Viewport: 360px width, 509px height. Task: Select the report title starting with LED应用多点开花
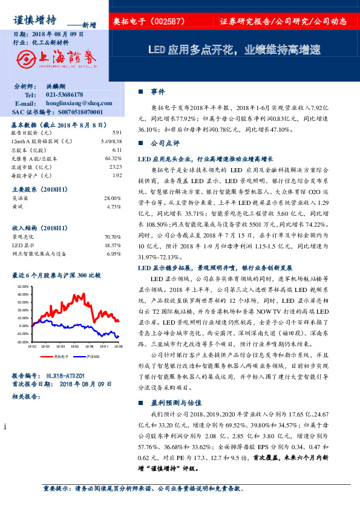tap(234, 50)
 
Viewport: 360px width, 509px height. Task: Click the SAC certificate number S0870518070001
tap(74, 112)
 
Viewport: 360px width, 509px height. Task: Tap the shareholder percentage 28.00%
tap(113, 198)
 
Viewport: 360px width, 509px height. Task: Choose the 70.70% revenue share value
tap(113, 236)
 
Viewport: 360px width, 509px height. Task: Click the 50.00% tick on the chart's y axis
tap(23, 286)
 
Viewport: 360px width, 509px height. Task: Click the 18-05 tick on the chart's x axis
tap(75, 346)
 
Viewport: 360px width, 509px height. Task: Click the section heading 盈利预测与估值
tap(176, 402)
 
